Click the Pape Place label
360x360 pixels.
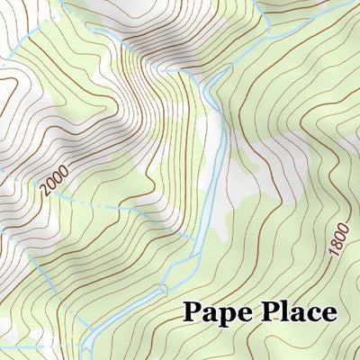tap(260, 312)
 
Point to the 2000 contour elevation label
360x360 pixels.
tap(54, 184)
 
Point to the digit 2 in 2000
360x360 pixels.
tap(44, 193)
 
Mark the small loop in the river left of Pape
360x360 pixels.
tap(163, 290)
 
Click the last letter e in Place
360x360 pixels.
tap(328, 314)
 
